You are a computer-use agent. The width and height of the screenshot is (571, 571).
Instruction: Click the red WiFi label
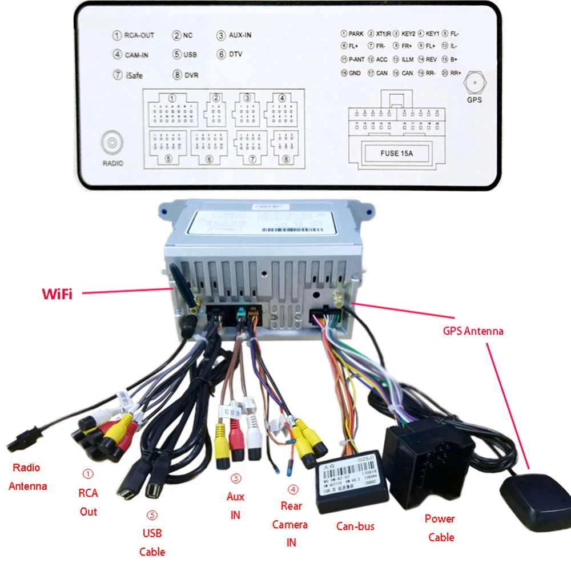click(x=57, y=295)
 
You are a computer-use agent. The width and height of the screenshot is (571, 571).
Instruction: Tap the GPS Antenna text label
click(x=473, y=331)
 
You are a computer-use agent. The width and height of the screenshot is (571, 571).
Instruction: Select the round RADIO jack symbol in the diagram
click(x=112, y=143)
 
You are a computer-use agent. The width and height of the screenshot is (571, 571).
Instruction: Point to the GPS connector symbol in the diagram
click(x=474, y=84)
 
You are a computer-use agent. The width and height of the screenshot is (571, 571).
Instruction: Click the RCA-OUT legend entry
click(x=134, y=35)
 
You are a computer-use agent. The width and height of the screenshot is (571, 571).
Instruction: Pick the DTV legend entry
click(x=230, y=55)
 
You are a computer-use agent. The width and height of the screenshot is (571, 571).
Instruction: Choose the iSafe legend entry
click(x=128, y=75)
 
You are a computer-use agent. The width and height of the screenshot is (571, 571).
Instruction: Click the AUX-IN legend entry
click(x=234, y=35)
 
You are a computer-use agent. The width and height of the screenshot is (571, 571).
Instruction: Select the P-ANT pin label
click(x=352, y=59)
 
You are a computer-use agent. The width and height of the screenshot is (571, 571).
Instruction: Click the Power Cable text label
click(x=440, y=528)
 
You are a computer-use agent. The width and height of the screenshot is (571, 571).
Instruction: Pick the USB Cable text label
click(x=152, y=542)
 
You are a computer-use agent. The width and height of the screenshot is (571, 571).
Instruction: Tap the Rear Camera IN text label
click(x=291, y=524)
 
